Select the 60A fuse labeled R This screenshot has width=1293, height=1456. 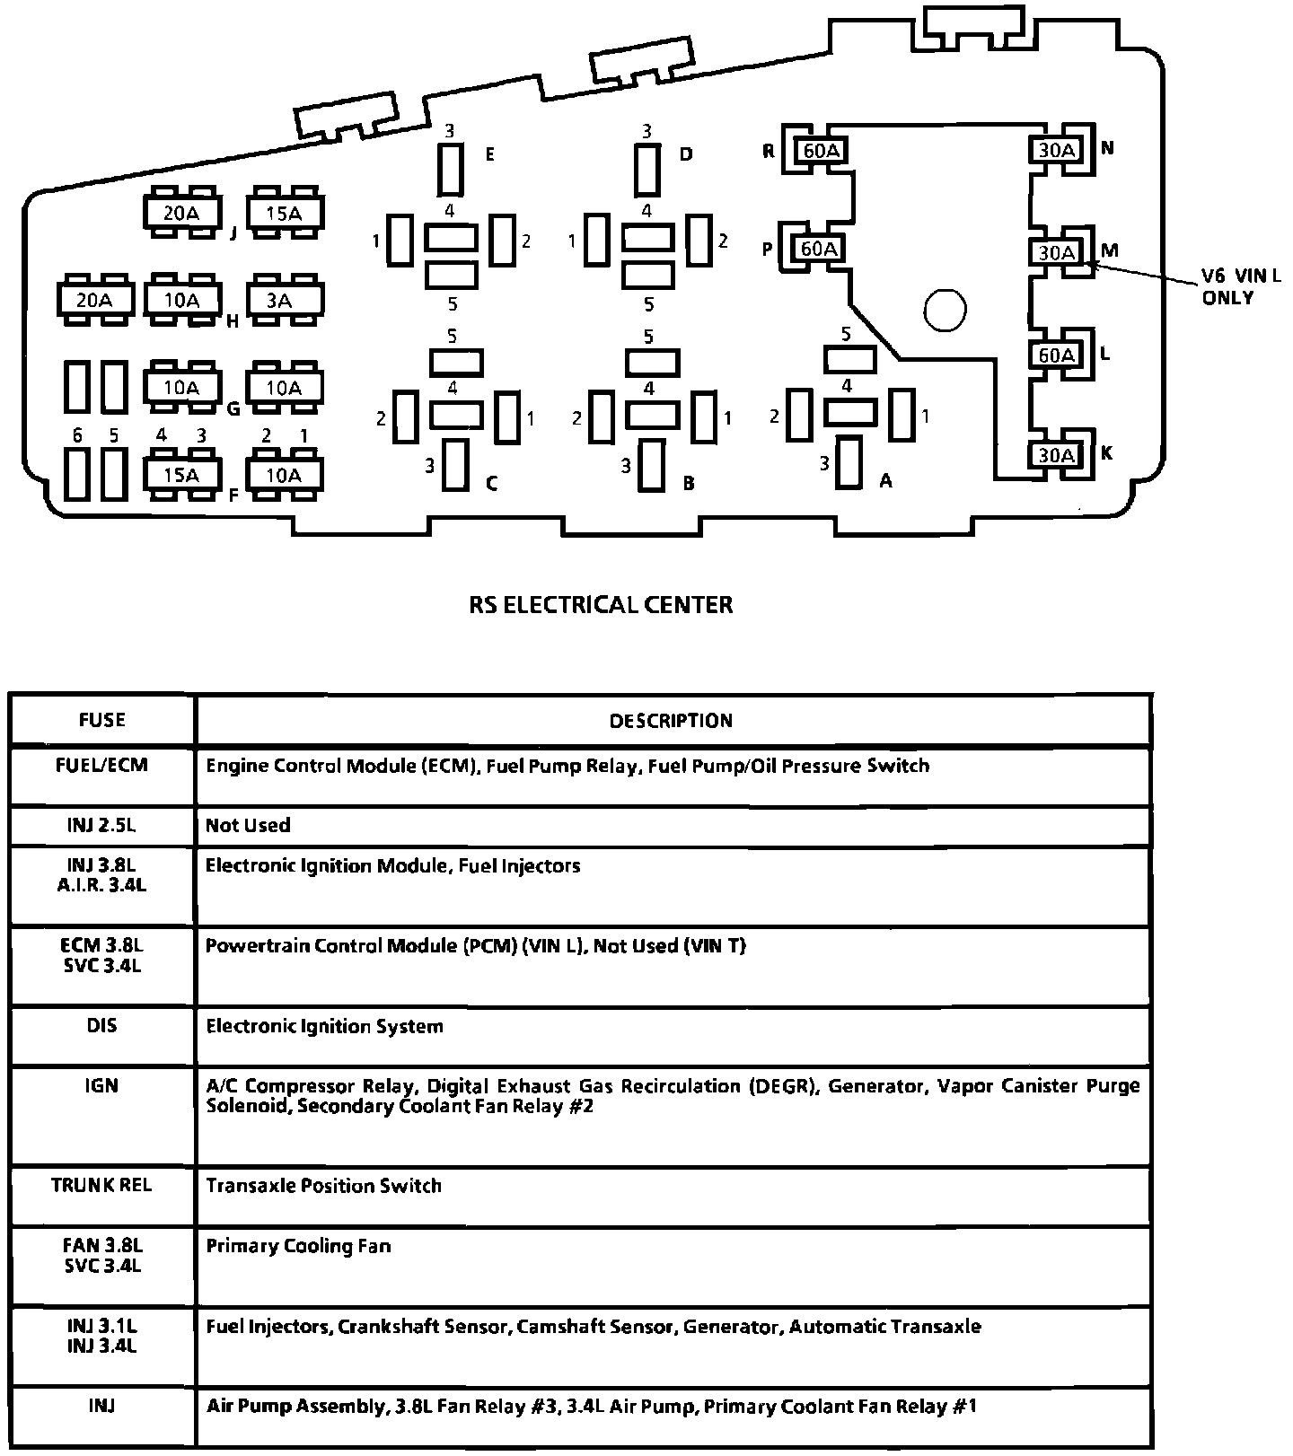(821, 150)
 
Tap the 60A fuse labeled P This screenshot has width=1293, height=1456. (818, 248)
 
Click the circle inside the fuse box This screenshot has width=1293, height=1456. (944, 311)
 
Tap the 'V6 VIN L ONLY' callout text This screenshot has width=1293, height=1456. (1241, 286)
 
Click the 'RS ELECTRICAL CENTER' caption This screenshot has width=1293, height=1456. (601, 604)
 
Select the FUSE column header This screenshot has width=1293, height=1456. (102, 720)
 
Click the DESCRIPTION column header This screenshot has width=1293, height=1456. (671, 720)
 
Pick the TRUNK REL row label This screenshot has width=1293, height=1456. (101, 1185)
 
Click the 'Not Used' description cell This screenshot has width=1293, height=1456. (248, 825)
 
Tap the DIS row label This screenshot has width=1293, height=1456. (101, 1025)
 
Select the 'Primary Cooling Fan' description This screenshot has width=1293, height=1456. (298, 1246)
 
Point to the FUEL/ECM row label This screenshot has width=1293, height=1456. (101, 766)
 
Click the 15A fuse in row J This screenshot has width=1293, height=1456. (283, 213)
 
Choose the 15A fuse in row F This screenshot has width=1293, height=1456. (181, 474)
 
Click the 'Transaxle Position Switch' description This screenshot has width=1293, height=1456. (323, 1185)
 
